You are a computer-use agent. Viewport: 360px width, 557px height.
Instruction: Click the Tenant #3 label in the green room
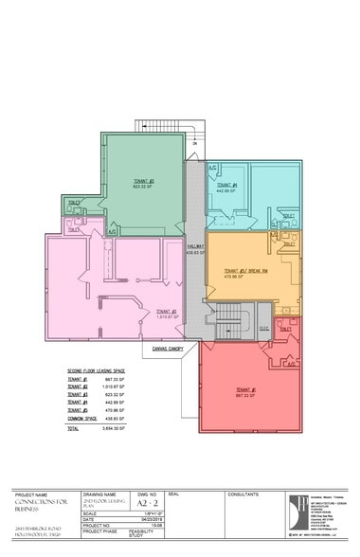click(x=144, y=181)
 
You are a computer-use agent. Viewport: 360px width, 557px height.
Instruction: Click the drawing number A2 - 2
click(x=142, y=506)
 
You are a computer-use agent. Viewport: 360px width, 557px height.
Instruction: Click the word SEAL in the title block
click(x=173, y=494)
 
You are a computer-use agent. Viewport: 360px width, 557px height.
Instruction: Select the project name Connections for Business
click(x=38, y=510)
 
